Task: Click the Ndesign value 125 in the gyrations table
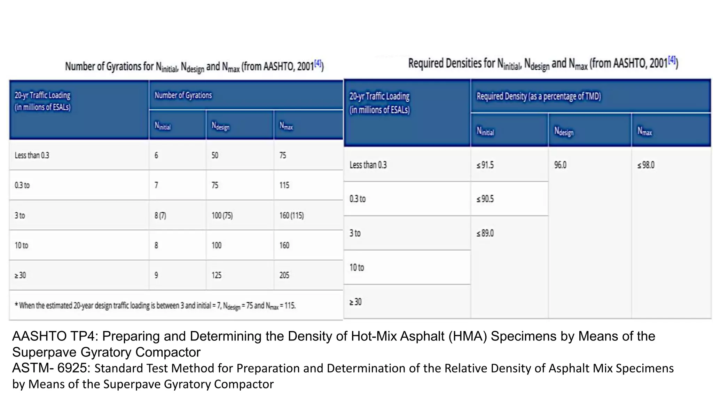217,275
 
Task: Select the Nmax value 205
284,275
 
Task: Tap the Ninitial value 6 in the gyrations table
156,155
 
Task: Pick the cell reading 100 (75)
222,215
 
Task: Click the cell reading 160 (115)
291,215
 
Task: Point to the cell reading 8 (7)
160,215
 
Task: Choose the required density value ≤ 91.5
485,165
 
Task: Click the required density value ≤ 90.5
485,199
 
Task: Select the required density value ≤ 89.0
485,233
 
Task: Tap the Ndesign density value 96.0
560,165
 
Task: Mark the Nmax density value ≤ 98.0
646,165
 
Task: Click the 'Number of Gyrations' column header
183,95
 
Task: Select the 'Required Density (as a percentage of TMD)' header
539,96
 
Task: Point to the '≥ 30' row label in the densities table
355,302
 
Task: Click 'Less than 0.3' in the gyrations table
32,155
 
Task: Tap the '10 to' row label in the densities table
356,268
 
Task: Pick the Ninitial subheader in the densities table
485,131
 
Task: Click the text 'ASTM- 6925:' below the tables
52,368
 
